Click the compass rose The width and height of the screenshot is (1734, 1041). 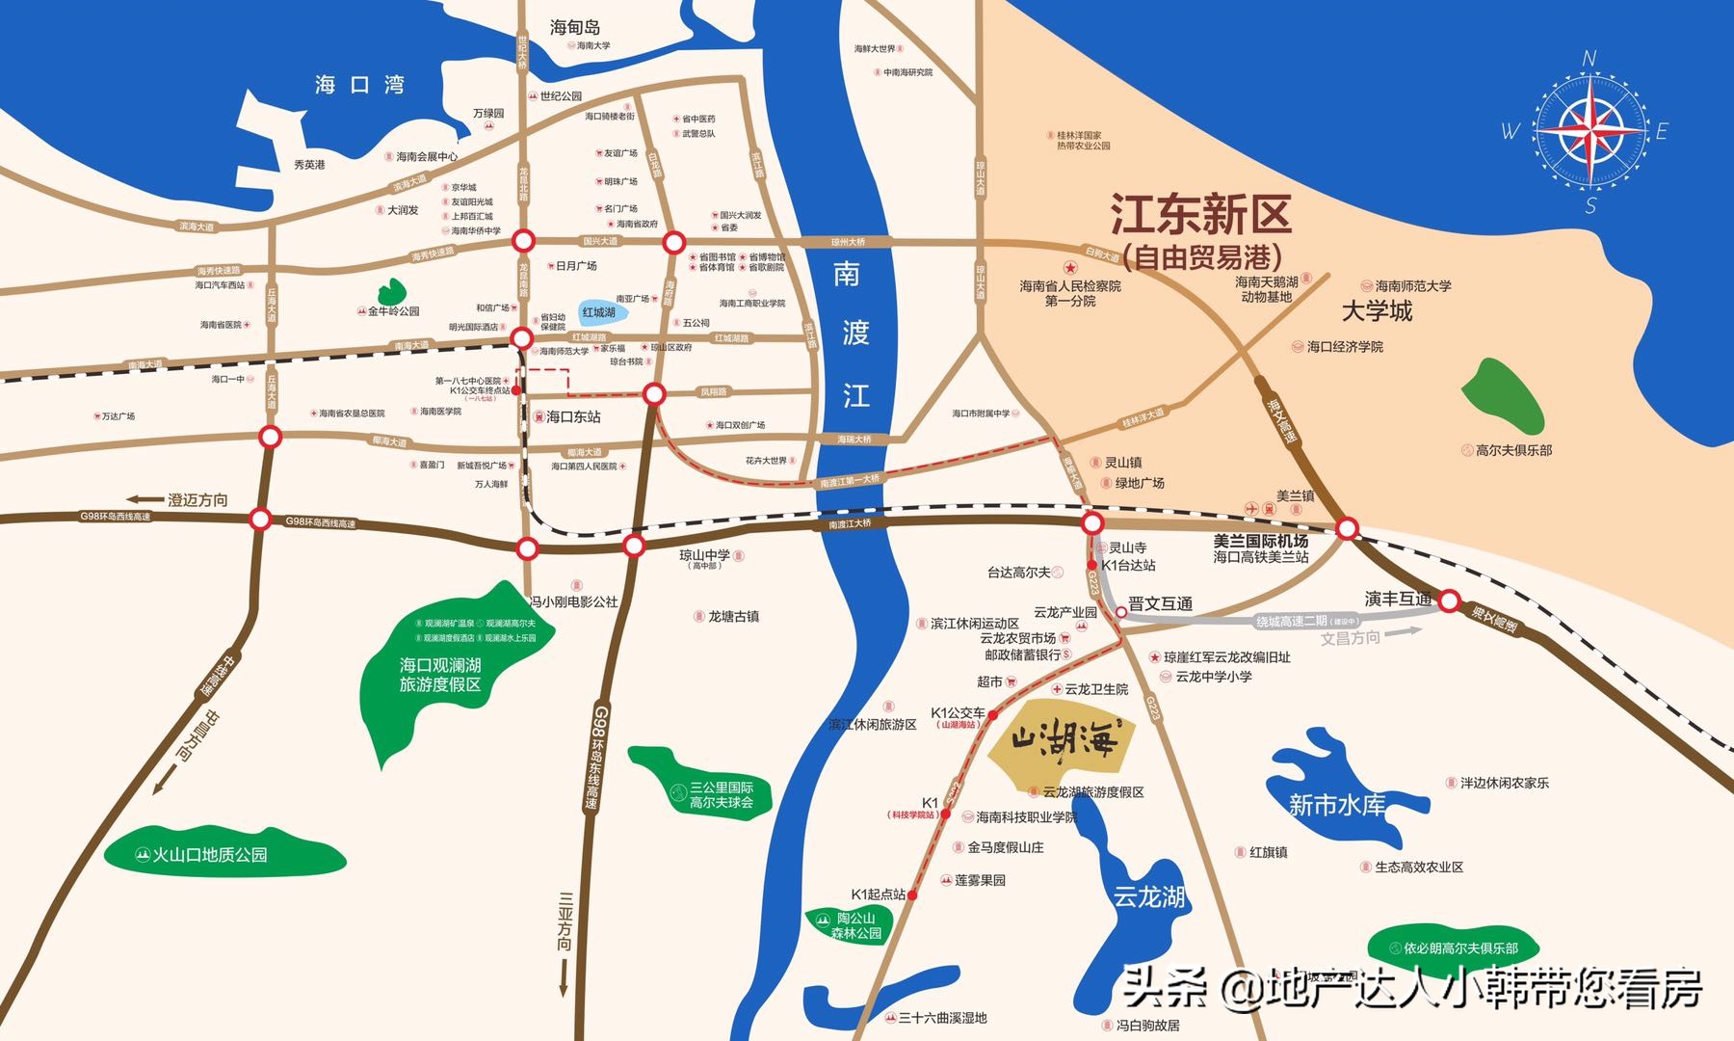coord(1589,130)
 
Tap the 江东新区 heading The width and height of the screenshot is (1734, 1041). coord(1200,215)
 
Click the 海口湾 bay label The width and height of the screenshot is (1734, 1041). coord(359,85)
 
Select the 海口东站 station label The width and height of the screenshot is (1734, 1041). coord(573,417)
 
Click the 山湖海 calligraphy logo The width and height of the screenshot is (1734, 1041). coord(1064,741)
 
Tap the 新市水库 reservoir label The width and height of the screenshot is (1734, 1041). coord(1337,805)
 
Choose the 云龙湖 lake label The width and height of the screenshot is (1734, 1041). coord(1148,897)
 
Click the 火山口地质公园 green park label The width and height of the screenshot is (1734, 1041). coord(210,855)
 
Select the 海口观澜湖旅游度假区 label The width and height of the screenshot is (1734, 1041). coord(440,675)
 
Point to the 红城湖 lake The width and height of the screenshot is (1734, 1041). coord(598,312)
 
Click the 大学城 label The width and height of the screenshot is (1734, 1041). coord(1377,311)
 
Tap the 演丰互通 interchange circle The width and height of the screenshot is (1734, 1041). coord(1449,601)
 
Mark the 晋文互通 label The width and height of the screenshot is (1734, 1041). coord(1160,604)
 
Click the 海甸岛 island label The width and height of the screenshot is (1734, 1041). coord(575,28)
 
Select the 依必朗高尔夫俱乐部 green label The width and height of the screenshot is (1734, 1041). coord(1460,948)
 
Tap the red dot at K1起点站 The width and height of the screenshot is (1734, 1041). coord(912,895)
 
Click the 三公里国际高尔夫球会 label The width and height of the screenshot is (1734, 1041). coord(721,795)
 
